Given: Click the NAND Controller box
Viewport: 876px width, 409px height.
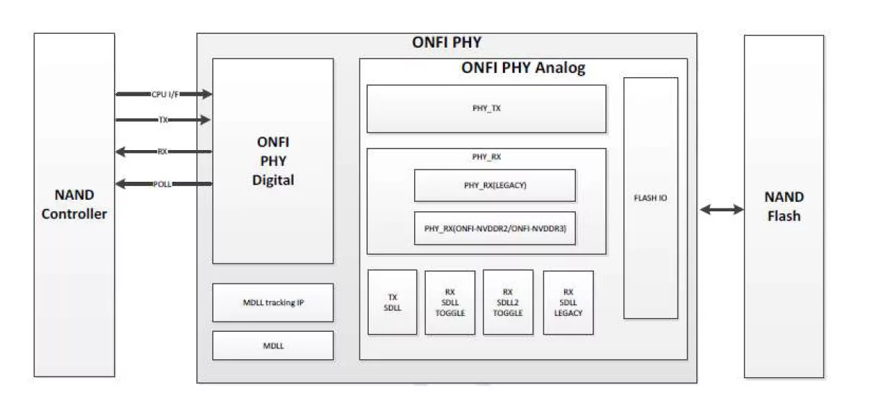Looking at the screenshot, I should tap(74, 204).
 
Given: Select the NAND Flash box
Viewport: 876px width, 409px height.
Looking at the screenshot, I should tap(784, 206).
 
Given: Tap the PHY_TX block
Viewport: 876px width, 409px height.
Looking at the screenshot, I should tap(486, 109).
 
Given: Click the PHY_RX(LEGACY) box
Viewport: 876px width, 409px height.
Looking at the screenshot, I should tap(494, 185).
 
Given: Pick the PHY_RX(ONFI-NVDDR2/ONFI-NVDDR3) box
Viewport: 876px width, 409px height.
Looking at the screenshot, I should tap(494, 229).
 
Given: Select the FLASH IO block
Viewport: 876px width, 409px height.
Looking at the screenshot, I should tap(650, 198).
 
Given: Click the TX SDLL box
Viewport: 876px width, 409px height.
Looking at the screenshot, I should tap(392, 302).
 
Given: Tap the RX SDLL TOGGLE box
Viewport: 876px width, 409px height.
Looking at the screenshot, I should tap(450, 302).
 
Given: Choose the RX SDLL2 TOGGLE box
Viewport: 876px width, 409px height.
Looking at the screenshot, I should tap(508, 302).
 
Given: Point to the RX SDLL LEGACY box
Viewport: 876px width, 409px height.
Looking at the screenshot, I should tap(568, 302).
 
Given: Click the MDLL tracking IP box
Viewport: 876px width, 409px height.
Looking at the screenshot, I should tap(273, 302).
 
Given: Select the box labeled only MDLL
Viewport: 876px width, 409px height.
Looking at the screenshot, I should tap(273, 346).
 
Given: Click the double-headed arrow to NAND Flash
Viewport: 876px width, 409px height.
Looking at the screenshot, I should tap(721, 209).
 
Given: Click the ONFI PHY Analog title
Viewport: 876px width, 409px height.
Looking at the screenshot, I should tap(522, 69).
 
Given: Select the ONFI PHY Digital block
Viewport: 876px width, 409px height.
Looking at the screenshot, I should tap(273, 161).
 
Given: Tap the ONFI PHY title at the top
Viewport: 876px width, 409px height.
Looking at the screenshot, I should tap(447, 42).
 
